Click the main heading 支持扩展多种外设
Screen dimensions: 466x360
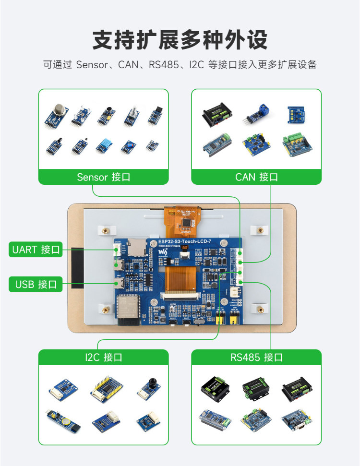180,40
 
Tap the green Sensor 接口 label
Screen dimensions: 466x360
103,177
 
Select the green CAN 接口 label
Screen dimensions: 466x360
256,177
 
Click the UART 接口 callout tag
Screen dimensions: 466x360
36,250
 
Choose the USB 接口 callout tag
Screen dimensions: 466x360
36,284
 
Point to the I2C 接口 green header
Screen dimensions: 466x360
103,357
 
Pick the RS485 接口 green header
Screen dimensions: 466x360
256,357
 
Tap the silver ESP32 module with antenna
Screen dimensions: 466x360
128,307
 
